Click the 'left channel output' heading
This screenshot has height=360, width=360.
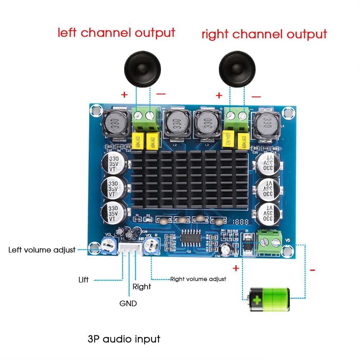[116, 33]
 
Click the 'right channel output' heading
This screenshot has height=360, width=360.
[264, 35]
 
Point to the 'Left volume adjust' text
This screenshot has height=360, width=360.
[42, 249]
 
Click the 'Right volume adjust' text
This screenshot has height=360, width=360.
[198, 279]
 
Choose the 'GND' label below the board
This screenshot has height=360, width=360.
[128, 303]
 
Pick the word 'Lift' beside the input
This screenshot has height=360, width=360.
[84, 280]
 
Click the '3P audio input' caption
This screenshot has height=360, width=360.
[124, 339]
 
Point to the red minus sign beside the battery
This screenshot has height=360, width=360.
[312, 270]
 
